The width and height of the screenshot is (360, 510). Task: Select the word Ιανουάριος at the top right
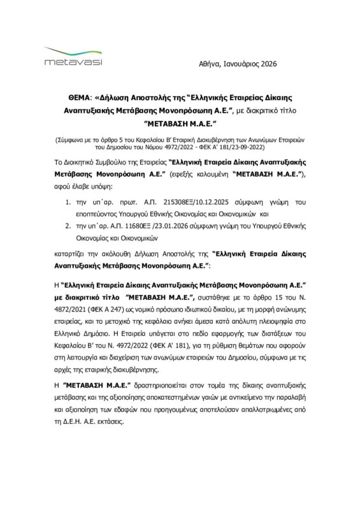[x=246, y=64]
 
